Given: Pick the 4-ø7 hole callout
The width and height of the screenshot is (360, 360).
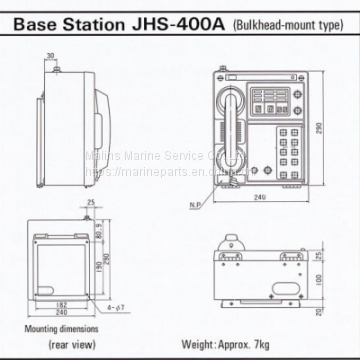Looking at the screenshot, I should [92, 316].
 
